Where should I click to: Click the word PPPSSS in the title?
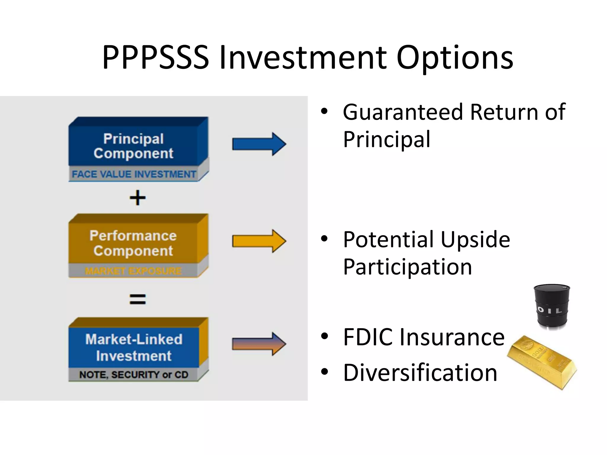pyautogui.click(x=155, y=57)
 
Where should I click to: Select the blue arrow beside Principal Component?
pyautogui.click(x=258, y=144)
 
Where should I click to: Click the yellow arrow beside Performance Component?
pyautogui.click(x=258, y=241)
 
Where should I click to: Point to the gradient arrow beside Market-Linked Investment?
pyautogui.click(x=258, y=344)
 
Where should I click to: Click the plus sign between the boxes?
pyautogui.click(x=138, y=198)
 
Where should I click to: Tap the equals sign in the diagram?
pyautogui.click(x=138, y=299)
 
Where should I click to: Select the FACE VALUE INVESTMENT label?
pyautogui.click(x=134, y=174)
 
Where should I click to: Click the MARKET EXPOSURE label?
pyautogui.click(x=133, y=271)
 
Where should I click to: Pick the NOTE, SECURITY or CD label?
pyautogui.click(x=134, y=375)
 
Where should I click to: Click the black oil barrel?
pyautogui.click(x=552, y=307)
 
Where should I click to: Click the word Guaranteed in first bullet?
pyautogui.click(x=403, y=112)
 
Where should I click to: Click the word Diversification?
pyautogui.click(x=420, y=373)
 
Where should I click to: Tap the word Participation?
pyautogui.click(x=407, y=267)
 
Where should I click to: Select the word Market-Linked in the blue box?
pyautogui.click(x=134, y=339)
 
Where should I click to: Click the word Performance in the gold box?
pyautogui.click(x=133, y=236)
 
